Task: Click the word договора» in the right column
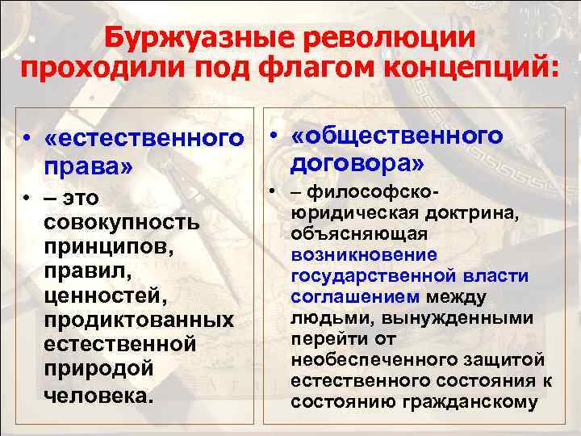pos(356,164)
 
